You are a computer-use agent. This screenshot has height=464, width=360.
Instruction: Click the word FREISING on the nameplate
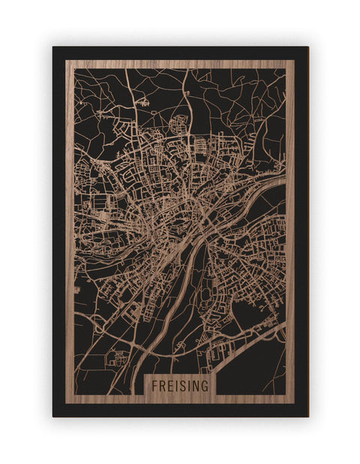click(x=180, y=384)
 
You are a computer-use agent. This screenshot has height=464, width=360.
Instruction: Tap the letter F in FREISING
click(x=154, y=384)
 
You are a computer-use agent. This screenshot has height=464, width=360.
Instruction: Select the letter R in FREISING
click(x=162, y=384)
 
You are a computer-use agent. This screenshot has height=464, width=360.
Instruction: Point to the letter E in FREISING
click(x=170, y=384)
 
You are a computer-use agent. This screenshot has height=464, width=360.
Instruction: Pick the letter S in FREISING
click(x=182, y=384)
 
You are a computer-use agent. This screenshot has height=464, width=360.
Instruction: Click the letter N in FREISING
click(x=196, y=384)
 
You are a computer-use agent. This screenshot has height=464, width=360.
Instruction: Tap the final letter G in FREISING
click(x=205, y=384)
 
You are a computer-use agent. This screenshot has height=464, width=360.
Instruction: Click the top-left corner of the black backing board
click(x=53, y=47)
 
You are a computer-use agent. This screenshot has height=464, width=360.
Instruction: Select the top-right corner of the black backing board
click(x=307, y=47)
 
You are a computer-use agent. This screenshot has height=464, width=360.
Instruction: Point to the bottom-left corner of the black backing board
click(x=53, y=416)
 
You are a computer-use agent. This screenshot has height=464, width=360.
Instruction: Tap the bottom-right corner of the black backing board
click(x=307, y=416)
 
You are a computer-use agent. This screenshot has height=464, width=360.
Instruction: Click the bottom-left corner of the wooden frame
click(x=66, y=403)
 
